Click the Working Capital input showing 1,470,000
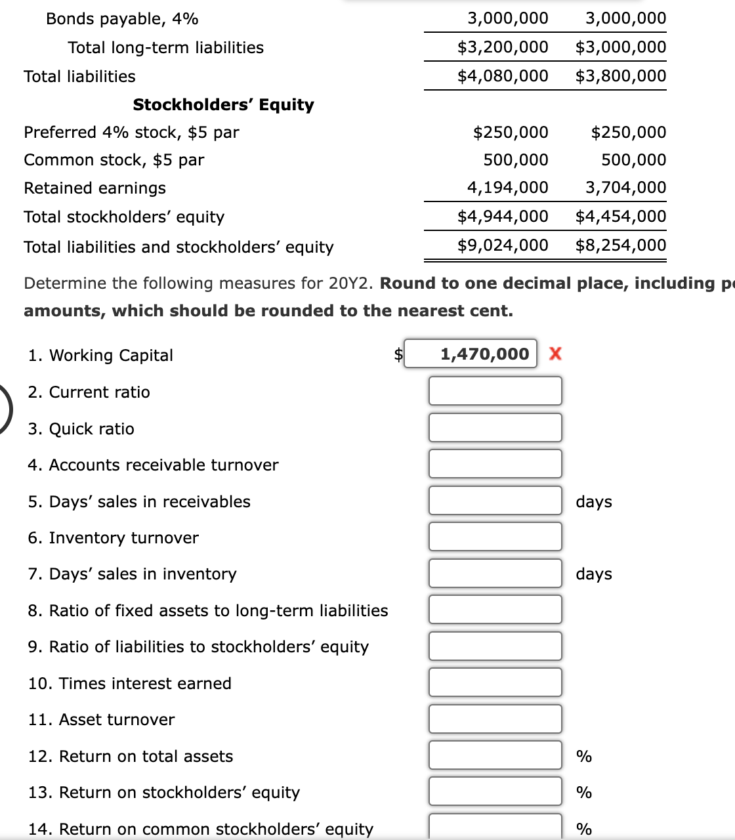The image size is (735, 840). (x=470, y=354)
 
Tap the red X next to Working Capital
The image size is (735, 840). (x=555, y=354)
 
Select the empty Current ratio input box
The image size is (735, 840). (x=495, y=391)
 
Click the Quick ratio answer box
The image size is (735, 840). (x=495, y=428)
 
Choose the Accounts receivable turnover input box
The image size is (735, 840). (x=495, y=464)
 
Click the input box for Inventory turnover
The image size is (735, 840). (x=495, y=537)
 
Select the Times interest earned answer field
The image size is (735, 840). (x=495, y=682)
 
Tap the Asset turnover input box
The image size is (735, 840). (x=495, y=719)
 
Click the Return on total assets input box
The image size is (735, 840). (x=495, y=755)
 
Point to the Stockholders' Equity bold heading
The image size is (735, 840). (x=223, y=105)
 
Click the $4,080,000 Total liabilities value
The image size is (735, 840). (x=503, y=76)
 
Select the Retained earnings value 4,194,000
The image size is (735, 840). (x=507, y=188)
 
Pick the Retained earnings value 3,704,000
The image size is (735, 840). (x=625, y=188)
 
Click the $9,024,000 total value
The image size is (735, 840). (x=503, y=245)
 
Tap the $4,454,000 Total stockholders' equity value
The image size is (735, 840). (x=621, y=217)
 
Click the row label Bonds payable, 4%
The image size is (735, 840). (x=122, y=19)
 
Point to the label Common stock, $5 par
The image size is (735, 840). (x=114, y=160)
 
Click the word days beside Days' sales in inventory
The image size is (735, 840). (x=593, y=574)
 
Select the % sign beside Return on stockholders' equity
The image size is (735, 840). (x=583, y=793)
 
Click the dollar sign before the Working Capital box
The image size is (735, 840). (x=398, y=354)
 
